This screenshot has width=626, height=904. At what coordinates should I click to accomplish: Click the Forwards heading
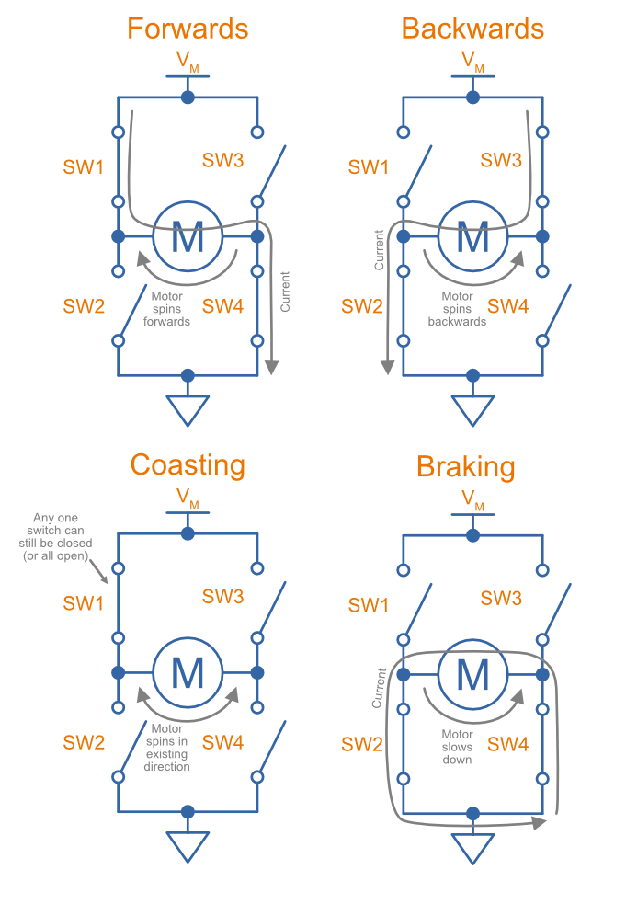[188, 29]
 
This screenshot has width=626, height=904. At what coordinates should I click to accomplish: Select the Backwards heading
[472, 29]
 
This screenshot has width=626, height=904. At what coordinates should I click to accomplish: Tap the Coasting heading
[188, 464]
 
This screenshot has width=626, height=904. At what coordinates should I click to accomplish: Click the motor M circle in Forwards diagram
[188, 236]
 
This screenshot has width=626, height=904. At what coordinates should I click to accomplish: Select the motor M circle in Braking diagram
[472, 674]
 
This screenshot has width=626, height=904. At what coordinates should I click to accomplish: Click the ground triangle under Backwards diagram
[472, 410]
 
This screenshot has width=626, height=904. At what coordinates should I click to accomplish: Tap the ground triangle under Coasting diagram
[188, 846]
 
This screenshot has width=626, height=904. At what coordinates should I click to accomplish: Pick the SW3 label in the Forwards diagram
[222, 160]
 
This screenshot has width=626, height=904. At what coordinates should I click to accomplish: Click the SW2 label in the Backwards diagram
[361, 306]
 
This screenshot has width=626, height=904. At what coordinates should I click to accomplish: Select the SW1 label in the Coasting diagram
[84, 603]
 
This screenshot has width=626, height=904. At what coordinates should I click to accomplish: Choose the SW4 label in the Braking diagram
[508, 744]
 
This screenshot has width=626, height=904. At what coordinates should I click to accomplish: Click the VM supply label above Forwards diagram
[188, 63]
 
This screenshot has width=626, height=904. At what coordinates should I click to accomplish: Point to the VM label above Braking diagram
[472, 499]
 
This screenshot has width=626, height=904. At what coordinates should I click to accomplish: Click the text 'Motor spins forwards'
[167, 309]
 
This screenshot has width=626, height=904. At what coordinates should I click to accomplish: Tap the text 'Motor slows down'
[457, 747]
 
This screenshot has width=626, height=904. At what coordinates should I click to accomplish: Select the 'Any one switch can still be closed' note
[60, 537]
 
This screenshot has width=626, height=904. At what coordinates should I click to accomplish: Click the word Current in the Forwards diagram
[286, 291]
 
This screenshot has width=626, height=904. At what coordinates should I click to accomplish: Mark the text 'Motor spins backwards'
[457, 309]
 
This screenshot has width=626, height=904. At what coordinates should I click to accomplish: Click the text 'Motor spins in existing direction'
[167, 747]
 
